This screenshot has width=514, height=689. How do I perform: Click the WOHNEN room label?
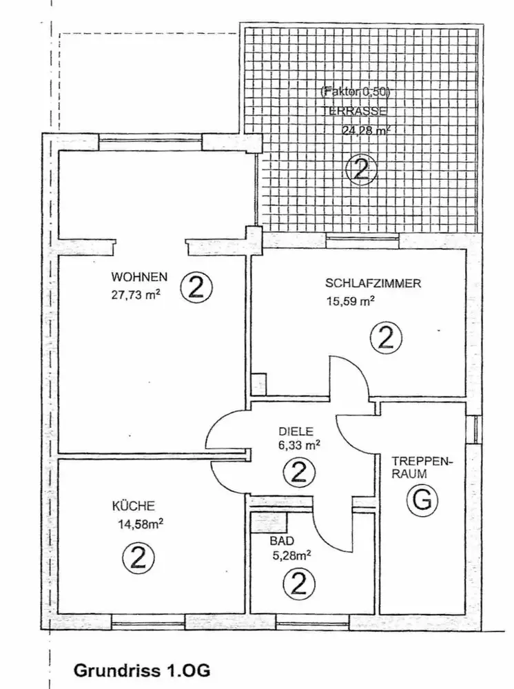(x=139, y=278)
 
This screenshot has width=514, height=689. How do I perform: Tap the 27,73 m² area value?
(x=136, y=296)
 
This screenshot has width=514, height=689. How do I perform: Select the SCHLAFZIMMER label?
(x=373, y=282)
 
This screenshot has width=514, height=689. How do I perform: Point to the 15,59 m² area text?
(x=350, y=300)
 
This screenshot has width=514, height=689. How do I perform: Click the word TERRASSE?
(x=362, y=110)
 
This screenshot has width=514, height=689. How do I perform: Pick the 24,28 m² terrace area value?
(x=367, y=129)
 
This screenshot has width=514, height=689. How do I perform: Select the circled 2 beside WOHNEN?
(x=196, y=288)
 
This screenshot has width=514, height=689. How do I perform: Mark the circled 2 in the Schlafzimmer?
(x=385, y=338)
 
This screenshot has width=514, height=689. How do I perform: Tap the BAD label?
(x=279, y=541)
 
